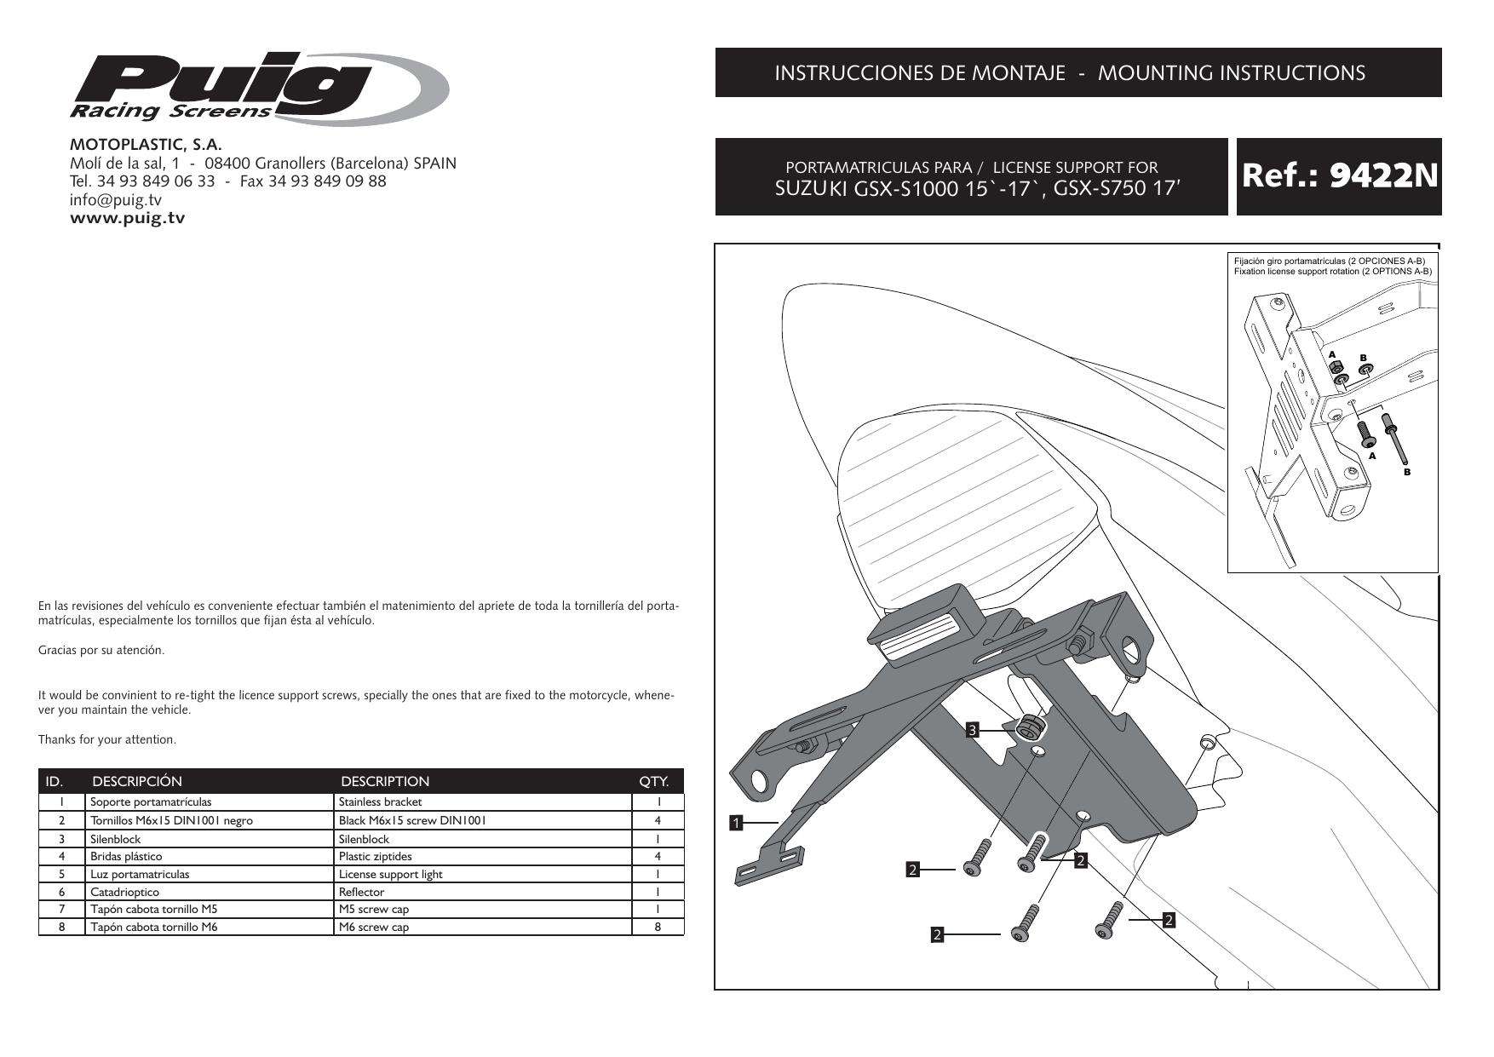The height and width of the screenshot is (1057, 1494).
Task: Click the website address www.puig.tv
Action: (x=127, y=218)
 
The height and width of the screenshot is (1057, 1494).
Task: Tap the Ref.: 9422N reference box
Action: (x=1339, y=176)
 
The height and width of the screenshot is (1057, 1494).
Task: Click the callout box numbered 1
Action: (x=737, y=823)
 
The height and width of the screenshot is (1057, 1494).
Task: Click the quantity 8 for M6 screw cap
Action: (x=658, y=927)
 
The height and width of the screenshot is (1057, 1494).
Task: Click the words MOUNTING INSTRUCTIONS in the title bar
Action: (x=1231, y=73)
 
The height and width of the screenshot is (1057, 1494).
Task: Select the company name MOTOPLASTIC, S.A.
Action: (x=146, y=145)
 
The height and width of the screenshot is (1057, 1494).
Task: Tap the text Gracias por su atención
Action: (x=101, y=651)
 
